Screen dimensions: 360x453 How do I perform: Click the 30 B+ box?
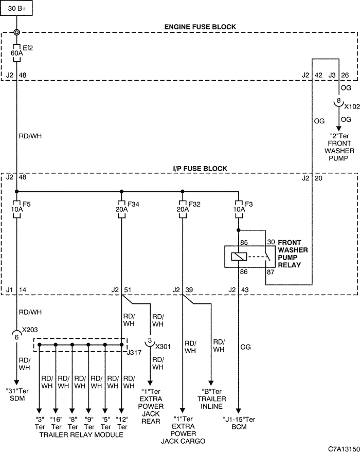[16, 8]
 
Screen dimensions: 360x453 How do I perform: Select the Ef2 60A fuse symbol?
[16, 53]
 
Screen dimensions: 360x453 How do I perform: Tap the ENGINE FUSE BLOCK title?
[200, 27]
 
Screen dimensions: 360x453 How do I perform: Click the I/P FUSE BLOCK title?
[200, 169]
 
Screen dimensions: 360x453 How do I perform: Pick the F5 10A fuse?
[16, 209]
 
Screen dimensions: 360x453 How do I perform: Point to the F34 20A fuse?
[122, 209]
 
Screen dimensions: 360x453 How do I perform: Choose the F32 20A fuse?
[182, 209]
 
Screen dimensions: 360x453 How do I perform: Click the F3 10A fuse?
[239, 209]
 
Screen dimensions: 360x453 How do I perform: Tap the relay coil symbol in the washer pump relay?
[239, 257]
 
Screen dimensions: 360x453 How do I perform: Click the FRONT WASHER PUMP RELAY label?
[293, 253]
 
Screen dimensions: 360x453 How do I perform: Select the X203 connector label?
[30, 330]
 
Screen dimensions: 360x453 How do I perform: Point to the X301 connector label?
[163, 347]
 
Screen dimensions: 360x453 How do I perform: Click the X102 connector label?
[352, 106]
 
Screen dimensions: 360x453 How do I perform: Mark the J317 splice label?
[134, 352]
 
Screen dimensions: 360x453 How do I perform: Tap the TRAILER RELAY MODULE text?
[81, 434]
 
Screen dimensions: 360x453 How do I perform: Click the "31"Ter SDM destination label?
[17, 395]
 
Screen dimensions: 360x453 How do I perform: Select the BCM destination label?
[239, 427]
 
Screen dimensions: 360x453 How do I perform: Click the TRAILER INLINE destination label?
[212, 403]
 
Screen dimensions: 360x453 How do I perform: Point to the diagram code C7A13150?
[344, 448]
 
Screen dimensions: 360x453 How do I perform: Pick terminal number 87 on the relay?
[271, 272]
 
